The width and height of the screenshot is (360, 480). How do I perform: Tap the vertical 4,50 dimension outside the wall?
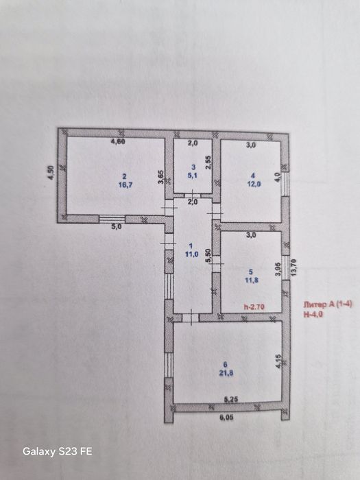(49, 173)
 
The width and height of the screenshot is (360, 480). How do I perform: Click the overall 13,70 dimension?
(294, 266)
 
